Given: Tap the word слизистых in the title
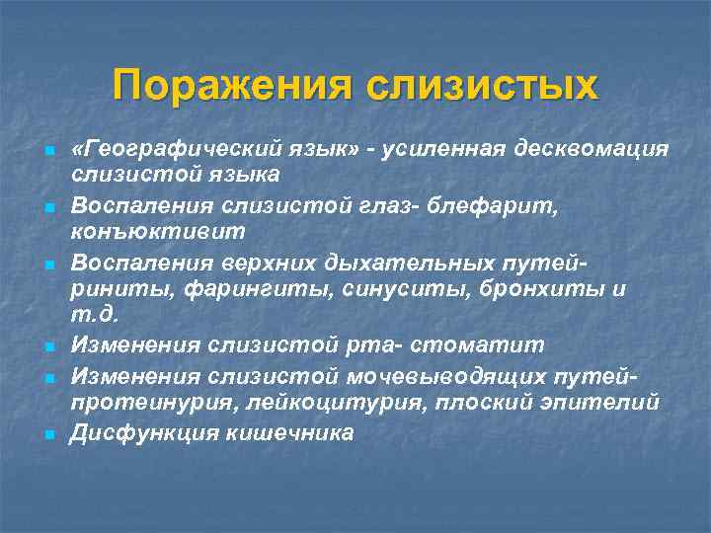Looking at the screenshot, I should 482,85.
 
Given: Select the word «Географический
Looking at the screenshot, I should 164,147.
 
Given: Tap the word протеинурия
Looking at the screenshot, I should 136,402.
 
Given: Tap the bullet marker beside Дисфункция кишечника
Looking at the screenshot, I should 47,434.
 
